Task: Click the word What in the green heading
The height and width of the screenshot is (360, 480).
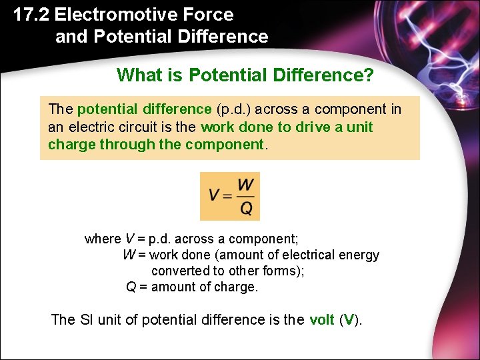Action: [139, 75]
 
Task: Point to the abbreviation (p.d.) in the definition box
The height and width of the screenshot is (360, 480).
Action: [233, 109]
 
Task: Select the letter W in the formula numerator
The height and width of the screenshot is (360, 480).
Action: [245, 185]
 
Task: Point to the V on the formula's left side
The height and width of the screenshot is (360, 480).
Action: [215, 196]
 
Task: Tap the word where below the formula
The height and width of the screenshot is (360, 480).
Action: [103, 239]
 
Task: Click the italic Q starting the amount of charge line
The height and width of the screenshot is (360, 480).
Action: [131, 287]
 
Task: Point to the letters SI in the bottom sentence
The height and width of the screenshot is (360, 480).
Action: [87, 320]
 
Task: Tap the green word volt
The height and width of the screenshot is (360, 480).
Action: [322, 320]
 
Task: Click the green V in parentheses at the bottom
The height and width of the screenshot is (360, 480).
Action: [349, 320]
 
